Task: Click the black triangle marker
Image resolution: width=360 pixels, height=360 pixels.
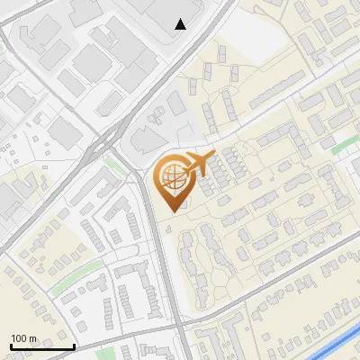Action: (x=181, y=24)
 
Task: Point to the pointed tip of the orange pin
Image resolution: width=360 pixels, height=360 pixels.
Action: (x=171, y=211)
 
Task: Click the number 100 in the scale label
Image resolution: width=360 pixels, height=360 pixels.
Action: (x=20, y=338)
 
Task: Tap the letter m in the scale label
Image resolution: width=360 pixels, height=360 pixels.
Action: (x=32, y=338)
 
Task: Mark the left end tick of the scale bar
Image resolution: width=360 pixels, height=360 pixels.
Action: (x=11, y=346)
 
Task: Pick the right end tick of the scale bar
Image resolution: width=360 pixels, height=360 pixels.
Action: (x=74, y=346)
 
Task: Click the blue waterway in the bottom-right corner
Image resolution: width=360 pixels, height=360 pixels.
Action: (x=337, y=344)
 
